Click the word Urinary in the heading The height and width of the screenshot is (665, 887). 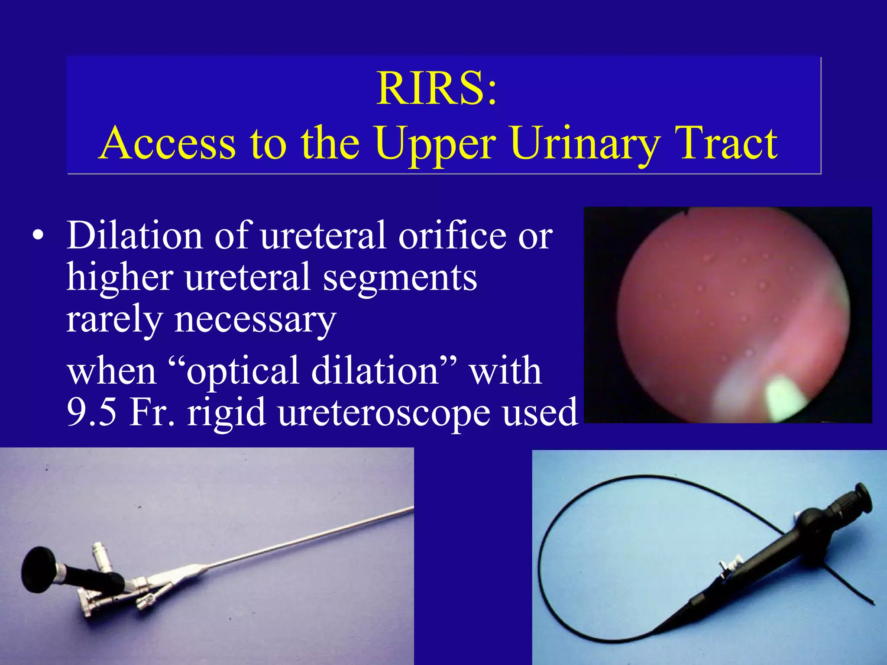tap(585, 143)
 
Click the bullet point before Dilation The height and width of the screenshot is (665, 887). tap(38, 236)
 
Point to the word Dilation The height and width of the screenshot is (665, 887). tap(134, 236)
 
